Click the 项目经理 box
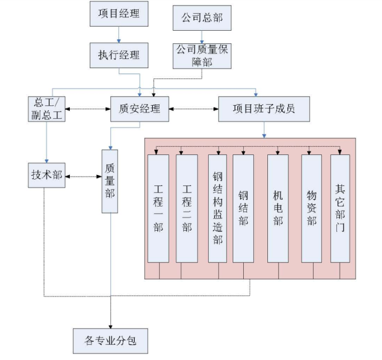tap(119, 14)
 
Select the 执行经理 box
tap(119, 55)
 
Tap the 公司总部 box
tap(202, 18)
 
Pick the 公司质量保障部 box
tap(202, 55)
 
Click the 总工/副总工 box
tap(46, 108)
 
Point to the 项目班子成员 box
tap(264, 108)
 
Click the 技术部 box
tap(46, 175)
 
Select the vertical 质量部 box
tap(110, 181)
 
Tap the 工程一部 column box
tap(158, 208)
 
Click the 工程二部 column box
tap(186, 208)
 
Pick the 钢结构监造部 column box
tap(217, 208)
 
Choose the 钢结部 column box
tap(243, 208)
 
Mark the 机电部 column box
tap(278, 208)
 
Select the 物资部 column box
tap(311, 208)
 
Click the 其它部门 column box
tap(340, 208)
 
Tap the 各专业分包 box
tap(111, 341)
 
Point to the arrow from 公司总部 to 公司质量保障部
tap(202, 37)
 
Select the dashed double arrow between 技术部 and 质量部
tap(83, 176)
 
